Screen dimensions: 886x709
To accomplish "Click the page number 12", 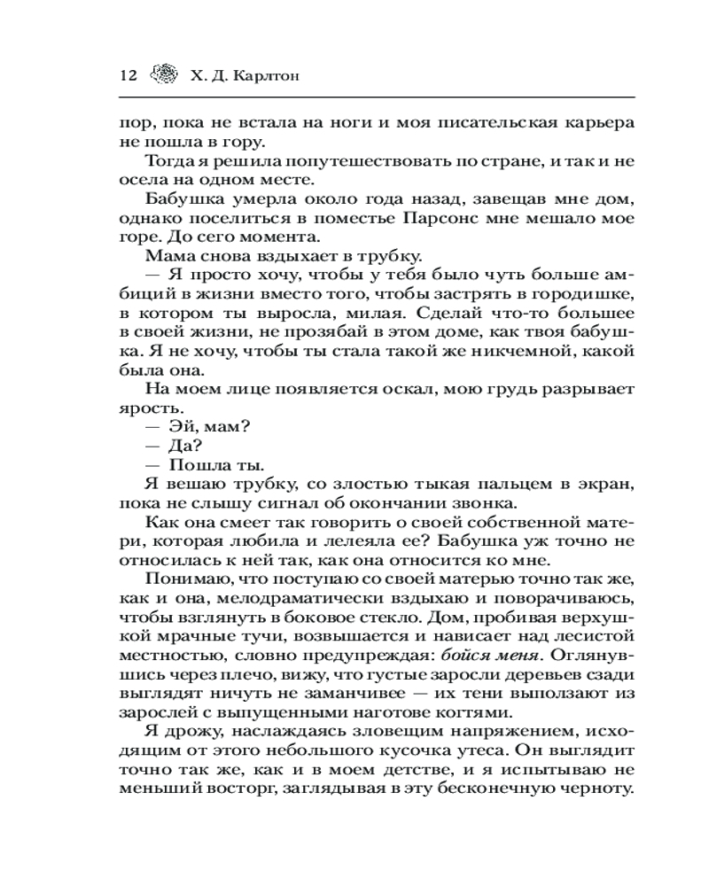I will click(x=125, y=75).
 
